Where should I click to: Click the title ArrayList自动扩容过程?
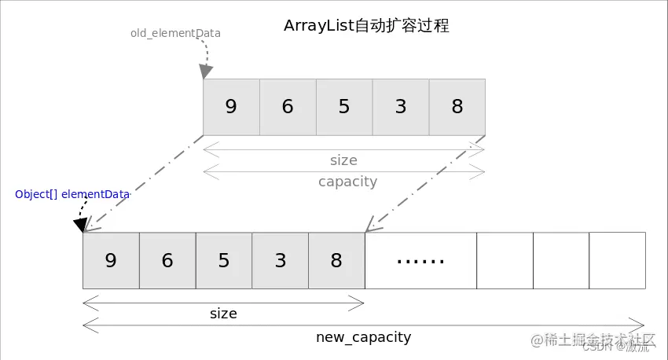click(366, 26)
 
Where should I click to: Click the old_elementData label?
click(175, 34)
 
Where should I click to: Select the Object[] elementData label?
click(72, 194)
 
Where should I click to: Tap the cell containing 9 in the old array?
click(231, 107)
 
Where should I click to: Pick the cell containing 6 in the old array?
click(288, 107)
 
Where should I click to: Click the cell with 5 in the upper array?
click(344, 107)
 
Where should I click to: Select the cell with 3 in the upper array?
click(401, 107)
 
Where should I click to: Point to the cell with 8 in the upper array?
click(457, 107)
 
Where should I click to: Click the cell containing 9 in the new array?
click(111, 260)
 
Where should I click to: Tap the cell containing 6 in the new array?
click(167, 260)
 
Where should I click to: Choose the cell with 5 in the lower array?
click(224, 260)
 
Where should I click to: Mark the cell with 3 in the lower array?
click(281, 260)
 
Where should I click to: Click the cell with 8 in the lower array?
click(336, 260)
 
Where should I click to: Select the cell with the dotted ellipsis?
click(420, 260)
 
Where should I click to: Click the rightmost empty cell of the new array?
click(617, 260)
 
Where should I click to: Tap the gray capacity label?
click(347, 182)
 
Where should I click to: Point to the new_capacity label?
click(363, 337)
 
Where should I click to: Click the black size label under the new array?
click(223, 314)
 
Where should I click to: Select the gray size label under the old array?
click(343, 160)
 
